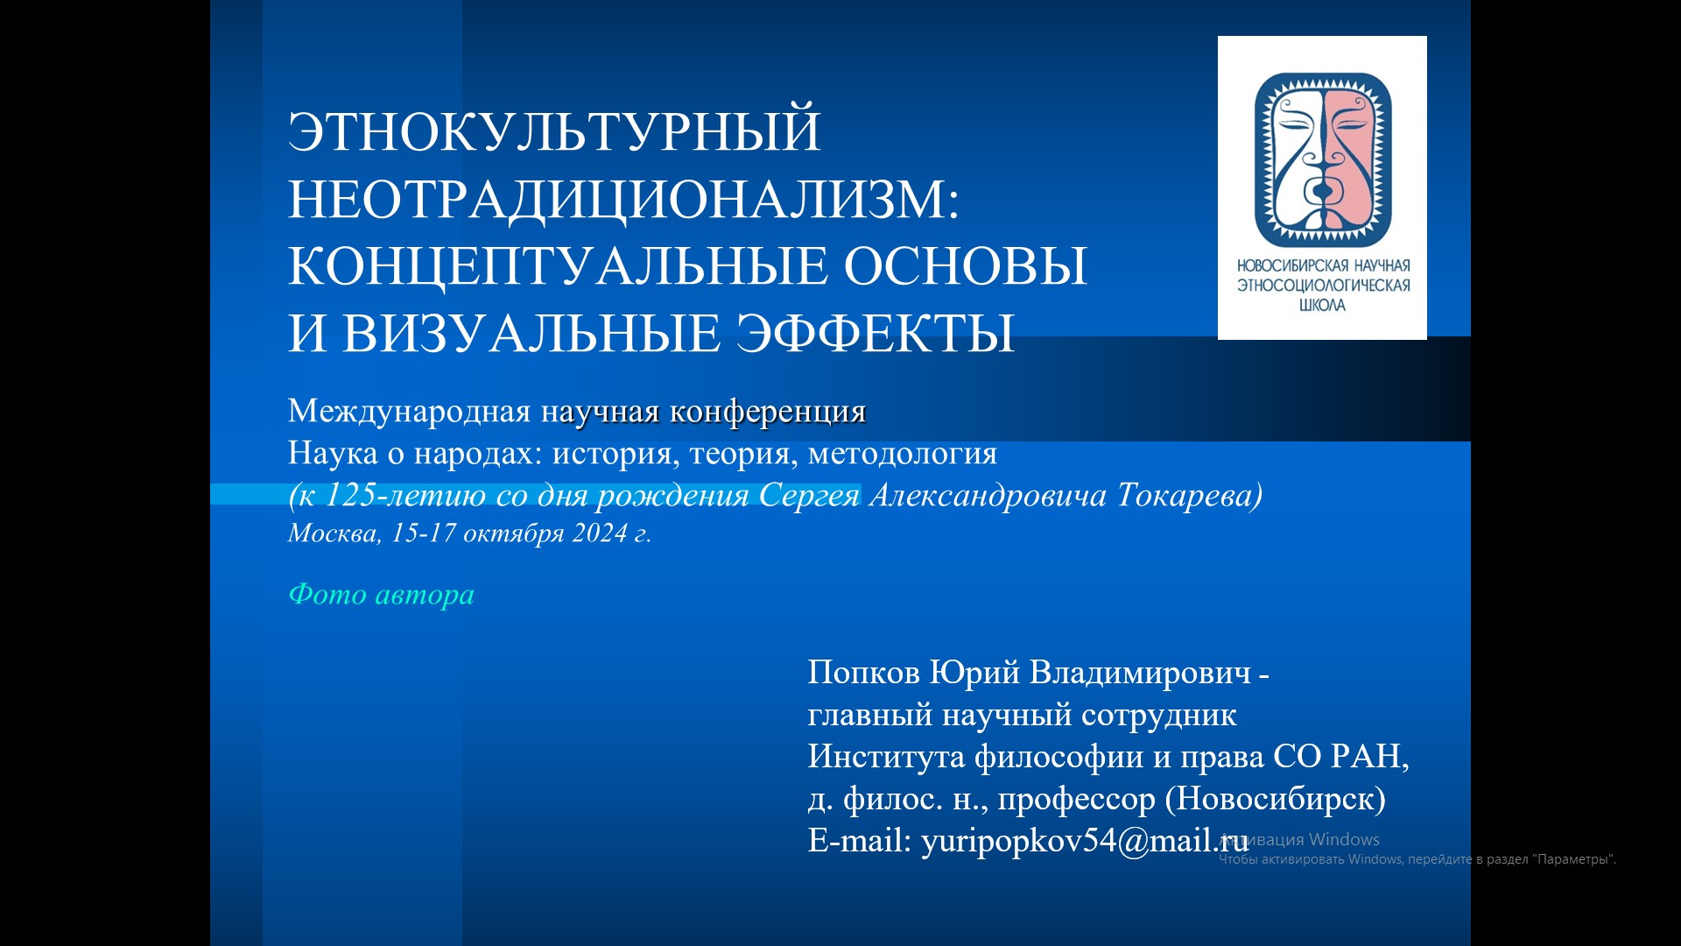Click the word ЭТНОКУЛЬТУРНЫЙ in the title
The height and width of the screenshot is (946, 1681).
[x=554, y=131]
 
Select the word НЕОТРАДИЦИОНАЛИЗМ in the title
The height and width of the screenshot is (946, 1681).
[x=618, y=199]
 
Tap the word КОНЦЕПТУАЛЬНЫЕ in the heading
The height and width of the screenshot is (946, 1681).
[x=558, y=266]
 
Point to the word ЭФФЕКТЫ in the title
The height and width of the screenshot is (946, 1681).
[x=875, y=333]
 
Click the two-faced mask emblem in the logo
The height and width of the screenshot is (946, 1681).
[x=1323, y=159]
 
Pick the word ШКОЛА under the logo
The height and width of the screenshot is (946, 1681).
[x=1323, y=306]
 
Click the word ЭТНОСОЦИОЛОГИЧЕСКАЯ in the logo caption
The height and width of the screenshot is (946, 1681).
[x=1323, y=286]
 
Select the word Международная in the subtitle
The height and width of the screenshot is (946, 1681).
[x=410, y=412]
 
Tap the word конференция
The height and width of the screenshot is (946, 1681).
[x=768, y=412]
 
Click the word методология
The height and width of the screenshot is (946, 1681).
[x=903, y=454]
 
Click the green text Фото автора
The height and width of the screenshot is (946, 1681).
[x=381, y=595]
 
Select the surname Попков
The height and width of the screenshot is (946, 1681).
[x=863, y=673]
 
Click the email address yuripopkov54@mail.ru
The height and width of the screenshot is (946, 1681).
[x=1085, y=841]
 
